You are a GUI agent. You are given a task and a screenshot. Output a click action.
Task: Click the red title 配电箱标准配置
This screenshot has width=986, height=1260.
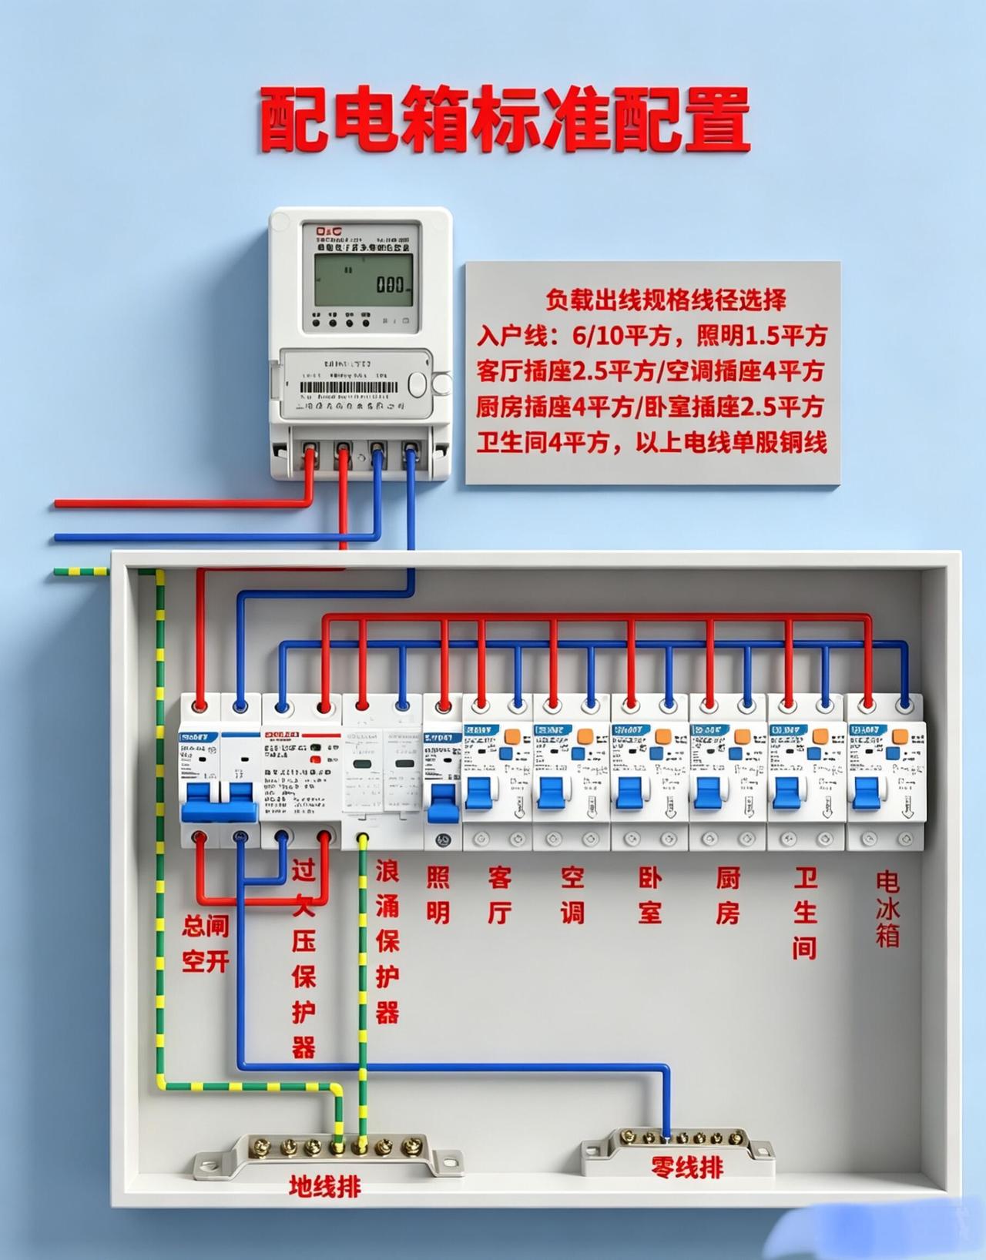point(505,120)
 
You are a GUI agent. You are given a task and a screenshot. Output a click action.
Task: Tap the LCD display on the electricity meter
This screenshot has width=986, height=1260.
point(363,280)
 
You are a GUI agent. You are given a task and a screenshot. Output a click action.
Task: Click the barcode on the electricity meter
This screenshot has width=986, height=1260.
point(347,387)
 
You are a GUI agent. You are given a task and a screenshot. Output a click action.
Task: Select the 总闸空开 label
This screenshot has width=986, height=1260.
point(205,943)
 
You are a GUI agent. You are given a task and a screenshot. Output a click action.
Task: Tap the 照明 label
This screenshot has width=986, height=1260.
point(438,894)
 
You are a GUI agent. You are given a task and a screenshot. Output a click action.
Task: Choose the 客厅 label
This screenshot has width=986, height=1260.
point(500,894)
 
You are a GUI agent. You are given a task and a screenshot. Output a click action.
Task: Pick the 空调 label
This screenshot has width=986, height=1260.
point(572,894)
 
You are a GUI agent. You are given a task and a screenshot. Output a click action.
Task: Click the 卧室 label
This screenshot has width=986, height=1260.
point(650,894)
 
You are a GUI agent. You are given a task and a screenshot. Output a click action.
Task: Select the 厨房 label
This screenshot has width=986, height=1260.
point(728,894)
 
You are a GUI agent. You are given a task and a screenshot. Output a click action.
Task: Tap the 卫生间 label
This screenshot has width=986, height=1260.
point(805,912)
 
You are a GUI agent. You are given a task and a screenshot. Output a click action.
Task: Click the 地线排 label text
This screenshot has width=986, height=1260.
point(324,1185)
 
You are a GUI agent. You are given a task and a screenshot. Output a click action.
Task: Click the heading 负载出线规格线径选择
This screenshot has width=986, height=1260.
point(666,300)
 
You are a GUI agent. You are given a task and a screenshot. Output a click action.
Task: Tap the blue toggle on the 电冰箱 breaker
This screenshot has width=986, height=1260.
point(867,793)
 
